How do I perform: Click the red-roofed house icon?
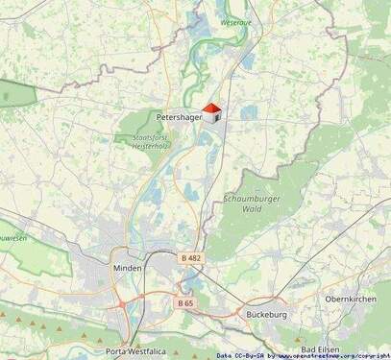[213, 113]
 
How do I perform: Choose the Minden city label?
[127, 268]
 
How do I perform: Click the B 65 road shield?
[185, 302]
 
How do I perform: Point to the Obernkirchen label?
[351, 299]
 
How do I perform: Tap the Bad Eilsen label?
[322, 349]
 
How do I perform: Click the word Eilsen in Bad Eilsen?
[330, 349]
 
